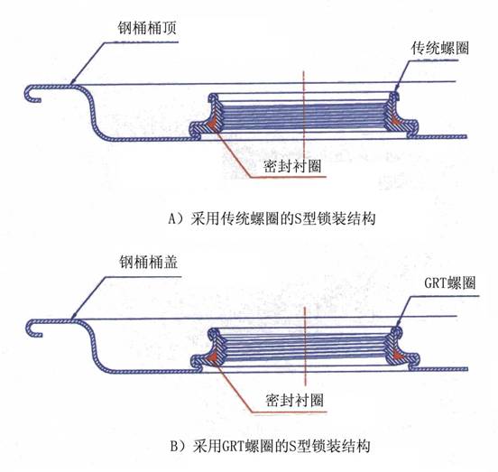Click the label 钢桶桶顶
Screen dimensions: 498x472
(147, 28)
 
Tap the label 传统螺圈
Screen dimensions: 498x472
(440, 48)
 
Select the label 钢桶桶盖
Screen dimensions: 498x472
(148, 263)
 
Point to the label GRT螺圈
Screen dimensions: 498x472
(449, 282)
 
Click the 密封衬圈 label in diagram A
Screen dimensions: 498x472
(292, 165)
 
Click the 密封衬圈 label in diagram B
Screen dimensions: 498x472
(294, 400)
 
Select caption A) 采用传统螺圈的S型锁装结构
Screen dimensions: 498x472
(272, 218)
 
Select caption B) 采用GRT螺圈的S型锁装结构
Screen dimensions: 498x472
(271, 446)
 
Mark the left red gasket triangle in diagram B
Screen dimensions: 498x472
(214, 356)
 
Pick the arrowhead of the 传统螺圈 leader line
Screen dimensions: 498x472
(395, 90)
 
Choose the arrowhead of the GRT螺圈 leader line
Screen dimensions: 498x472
(397, 324)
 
